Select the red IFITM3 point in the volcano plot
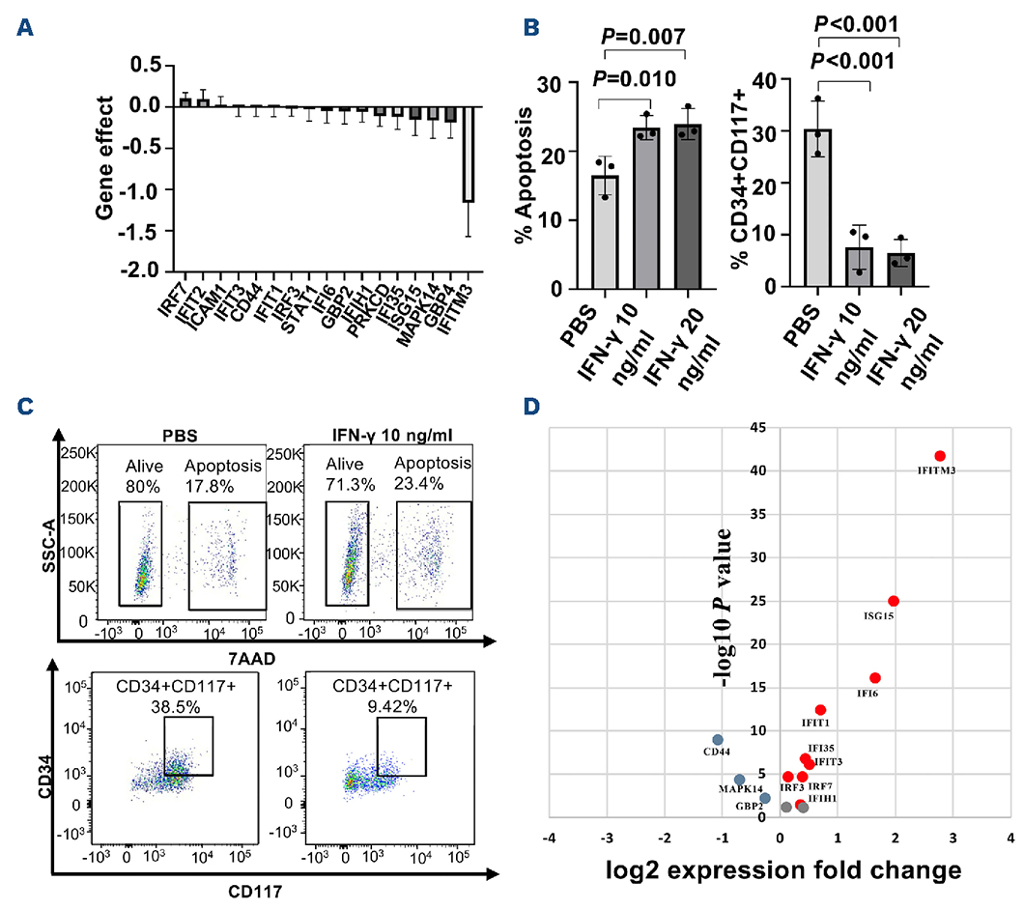tap(940, 455)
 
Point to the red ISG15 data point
tap(894, 601)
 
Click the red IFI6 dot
tap(875, 678)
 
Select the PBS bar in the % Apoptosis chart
tap(606, 232)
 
